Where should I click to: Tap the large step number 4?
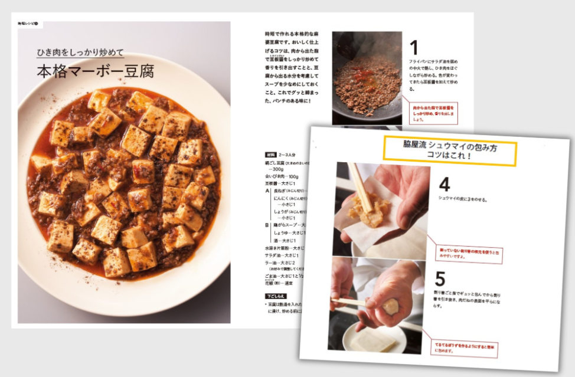(444, 185)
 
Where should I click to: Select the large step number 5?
(440, 278)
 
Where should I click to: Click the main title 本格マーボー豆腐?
(95, 72)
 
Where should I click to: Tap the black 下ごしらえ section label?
(276, 295)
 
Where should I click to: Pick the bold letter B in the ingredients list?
(267, 224)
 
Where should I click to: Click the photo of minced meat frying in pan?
(367, 77)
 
